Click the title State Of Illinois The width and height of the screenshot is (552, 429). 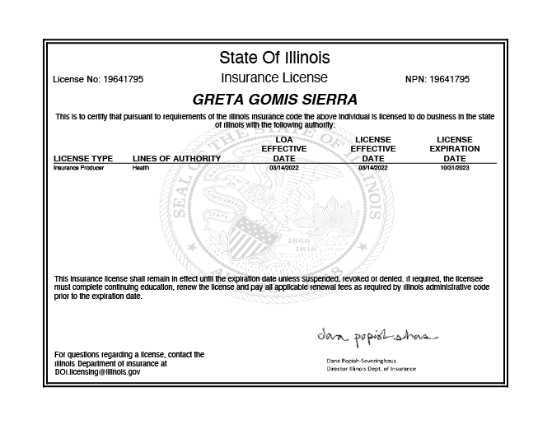point(274,58)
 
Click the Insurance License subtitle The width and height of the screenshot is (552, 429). point(274,78)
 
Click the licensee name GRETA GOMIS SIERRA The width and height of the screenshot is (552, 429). point(274,100)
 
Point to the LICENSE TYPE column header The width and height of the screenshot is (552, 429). point(83,158)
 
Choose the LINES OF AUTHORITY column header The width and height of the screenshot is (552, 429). point(176,158)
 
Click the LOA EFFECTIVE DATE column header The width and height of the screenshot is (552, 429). point(284,149)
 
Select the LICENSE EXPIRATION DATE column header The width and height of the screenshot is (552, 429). point(455,149)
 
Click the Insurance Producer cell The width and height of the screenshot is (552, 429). point(73,167)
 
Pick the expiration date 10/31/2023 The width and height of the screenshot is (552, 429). point(455,167)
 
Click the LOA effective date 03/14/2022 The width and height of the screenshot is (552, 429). point(284,167)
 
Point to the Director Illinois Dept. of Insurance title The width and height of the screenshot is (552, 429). point(372,369)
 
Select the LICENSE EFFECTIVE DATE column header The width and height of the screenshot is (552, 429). point(373,149)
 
